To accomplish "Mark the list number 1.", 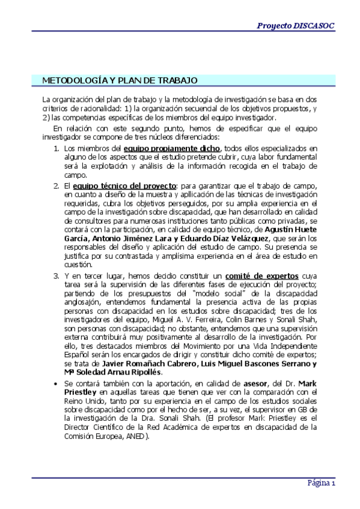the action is pyautogui.click(x=56, y=149).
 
